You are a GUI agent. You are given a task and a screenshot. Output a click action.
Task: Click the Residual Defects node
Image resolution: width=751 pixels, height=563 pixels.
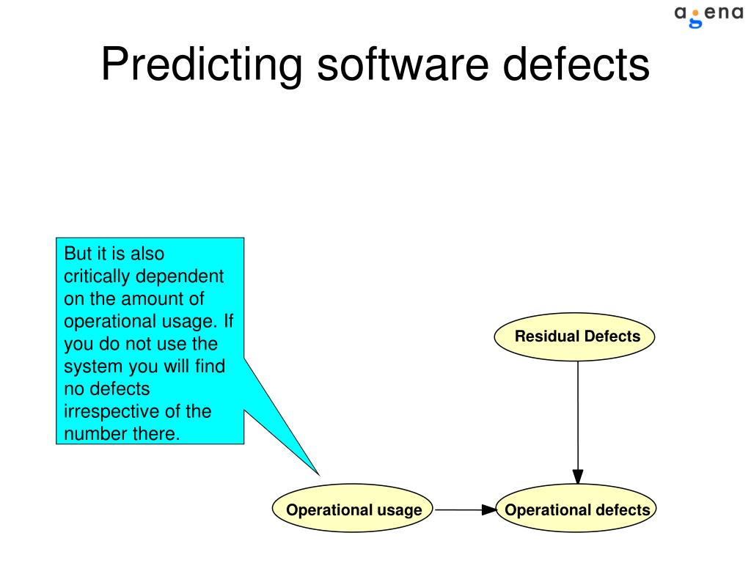click(577, 337)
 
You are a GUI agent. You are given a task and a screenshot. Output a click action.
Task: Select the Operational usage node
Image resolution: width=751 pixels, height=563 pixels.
click(353, 510)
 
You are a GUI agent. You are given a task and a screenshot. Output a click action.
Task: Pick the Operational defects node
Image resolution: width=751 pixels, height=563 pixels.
click(577, 510)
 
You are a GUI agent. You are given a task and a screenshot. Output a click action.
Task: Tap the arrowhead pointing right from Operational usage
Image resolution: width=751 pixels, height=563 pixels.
click(488, 510)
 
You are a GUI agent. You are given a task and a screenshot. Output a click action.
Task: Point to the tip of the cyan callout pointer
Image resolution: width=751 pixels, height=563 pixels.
click(320, 474)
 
